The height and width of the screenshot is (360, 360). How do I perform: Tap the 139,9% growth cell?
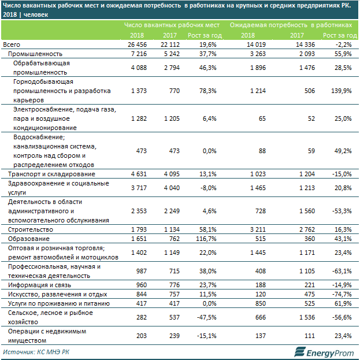pos(339,91)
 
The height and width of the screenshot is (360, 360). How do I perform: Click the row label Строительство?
pos(27,229)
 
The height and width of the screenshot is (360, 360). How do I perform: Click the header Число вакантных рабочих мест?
pos(172,25)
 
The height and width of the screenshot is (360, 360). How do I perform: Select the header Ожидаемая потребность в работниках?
pos(290,25)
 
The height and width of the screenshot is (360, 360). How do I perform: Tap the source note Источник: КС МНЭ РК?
pos(36,351)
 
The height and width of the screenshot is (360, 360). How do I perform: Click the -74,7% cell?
pos(340,294)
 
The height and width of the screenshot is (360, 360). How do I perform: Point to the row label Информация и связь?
pos(36,285)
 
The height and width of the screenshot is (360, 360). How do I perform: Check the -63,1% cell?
pos(340,271)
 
